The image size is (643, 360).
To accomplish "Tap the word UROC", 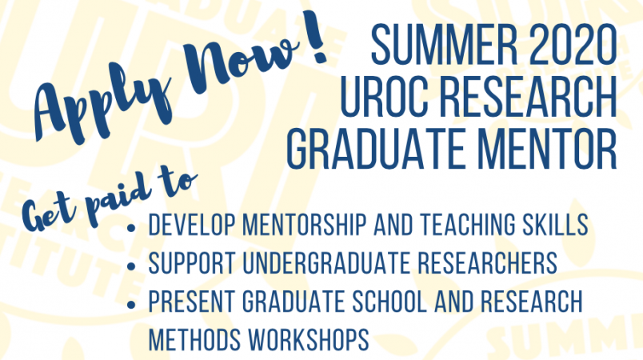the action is (x=382, y=96).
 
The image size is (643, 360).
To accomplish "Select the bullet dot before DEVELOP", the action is (x=131, y=227).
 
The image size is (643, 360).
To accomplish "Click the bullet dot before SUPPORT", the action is (x=131, y=266).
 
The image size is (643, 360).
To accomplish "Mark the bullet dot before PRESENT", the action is (x=131, y=305).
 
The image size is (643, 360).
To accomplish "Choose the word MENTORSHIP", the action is (x=304, y=224).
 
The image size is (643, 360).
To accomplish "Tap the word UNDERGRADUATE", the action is (x=326, y=263).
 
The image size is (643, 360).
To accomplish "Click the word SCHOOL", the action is (x=389, y=302).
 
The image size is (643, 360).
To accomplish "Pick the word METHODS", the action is (x=195, y=340).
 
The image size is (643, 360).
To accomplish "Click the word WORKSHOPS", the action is (x=310, y=340).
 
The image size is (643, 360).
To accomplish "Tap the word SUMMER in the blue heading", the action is (x=445, y=45).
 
